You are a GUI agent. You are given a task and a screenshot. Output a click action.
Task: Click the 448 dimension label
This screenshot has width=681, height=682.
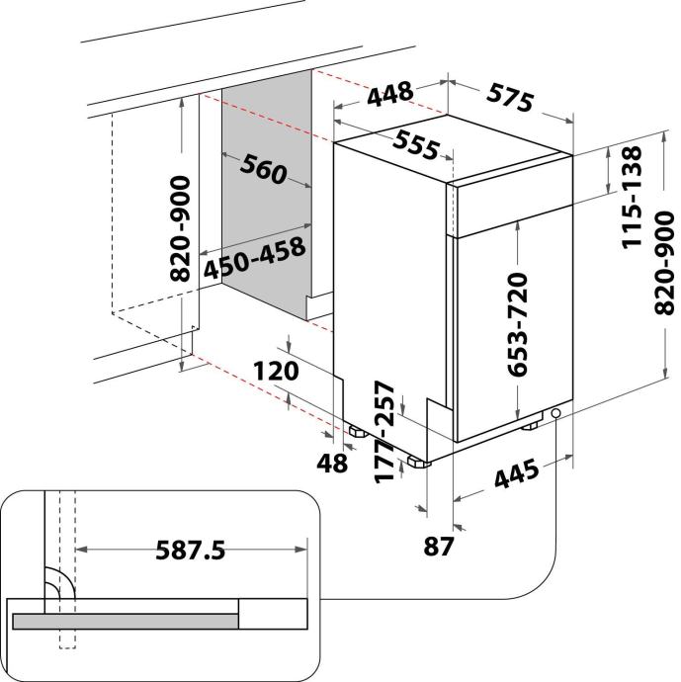click(x=390, y=93)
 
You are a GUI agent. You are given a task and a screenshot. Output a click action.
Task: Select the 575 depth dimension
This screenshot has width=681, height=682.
click(x=509, y=98)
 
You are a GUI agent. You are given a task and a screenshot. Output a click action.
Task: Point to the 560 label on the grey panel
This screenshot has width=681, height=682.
click(x=264, y=169)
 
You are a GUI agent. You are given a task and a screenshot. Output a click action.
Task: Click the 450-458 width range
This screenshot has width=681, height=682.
click(x=255, y=258)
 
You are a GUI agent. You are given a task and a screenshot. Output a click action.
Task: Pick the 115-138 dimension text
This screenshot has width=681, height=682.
click(x=632, y=198)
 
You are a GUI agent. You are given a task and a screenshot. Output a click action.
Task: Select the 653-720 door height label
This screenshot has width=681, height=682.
click(x=518, y=324)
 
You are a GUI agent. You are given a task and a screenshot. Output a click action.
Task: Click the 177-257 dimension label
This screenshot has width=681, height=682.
click(x=384, y=432)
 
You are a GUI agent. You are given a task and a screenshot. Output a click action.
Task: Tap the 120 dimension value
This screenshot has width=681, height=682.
click(x=276, y=371)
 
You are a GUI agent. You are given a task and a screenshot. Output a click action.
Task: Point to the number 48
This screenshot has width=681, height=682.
click(x=332, y=463)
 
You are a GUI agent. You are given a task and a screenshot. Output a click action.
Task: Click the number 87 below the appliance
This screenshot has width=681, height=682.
click(x=438, y=546)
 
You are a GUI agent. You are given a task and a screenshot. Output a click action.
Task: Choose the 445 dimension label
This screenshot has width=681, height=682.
click(x=517, y=474)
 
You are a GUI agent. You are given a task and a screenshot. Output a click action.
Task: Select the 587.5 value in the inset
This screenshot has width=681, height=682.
click(x=191, y=550)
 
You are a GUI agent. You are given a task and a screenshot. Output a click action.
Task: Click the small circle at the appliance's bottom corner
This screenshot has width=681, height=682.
click(x=555, y=413)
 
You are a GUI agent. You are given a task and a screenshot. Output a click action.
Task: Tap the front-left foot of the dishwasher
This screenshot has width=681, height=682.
click(x=418, y=462)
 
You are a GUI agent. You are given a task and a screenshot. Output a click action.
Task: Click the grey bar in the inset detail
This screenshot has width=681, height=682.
click(x=126, y=621)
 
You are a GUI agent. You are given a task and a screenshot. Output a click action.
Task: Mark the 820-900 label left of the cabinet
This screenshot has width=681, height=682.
click(x=180, y=228)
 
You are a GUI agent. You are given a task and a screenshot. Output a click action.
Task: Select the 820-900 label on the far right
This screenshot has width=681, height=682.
click(x=663, y=263)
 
